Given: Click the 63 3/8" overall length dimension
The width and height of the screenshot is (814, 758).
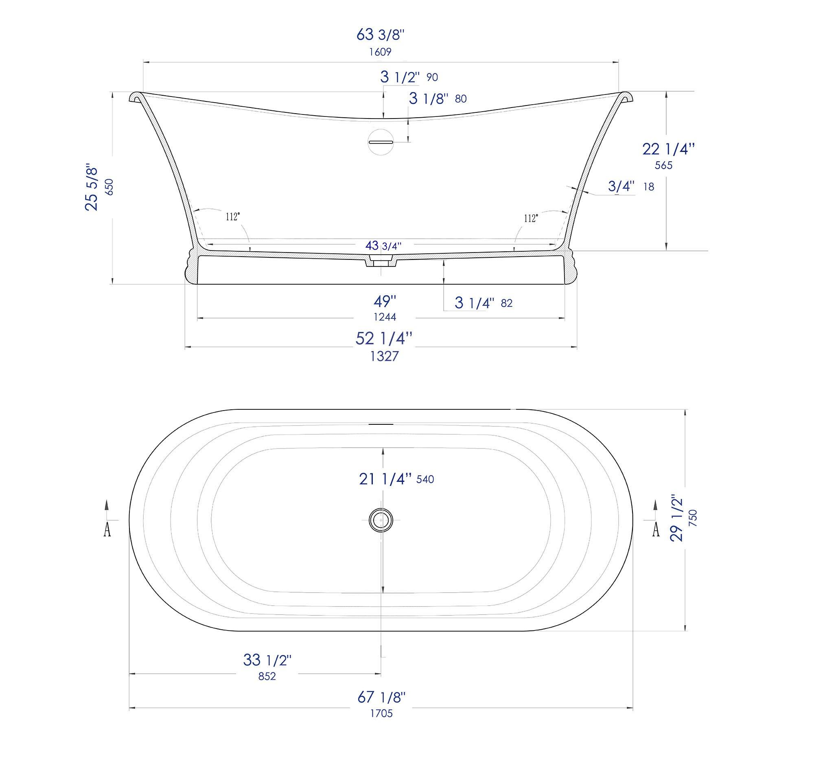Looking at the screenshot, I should point(381,35).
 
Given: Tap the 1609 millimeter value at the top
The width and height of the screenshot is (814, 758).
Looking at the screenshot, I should point(381,52).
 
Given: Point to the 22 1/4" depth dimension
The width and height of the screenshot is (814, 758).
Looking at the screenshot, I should point(668,149).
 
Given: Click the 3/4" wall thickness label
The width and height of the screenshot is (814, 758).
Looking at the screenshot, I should point(621,187).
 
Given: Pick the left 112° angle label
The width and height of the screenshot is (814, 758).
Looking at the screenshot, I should point(233,217).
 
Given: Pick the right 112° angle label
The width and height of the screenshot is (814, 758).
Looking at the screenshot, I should point(531,218).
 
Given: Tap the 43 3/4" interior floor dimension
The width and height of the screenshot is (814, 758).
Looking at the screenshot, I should point(383,246).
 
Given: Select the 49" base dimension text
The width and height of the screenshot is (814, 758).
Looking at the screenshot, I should point(385,302).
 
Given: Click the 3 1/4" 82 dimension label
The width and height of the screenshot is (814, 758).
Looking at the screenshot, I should point(483,303).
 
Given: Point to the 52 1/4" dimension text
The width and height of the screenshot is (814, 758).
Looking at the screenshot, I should point(384,338).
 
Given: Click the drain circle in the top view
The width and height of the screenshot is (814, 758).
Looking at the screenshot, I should point(381,520).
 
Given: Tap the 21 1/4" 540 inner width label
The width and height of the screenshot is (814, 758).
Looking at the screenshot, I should point(396,479).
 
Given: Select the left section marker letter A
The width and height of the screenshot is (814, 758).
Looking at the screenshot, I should point(107,530).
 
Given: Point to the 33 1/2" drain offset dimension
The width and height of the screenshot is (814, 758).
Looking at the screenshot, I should point(267,660).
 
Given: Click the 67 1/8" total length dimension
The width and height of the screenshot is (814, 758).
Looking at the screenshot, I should point(381,697).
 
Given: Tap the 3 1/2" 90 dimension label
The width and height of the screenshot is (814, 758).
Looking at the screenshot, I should point(409,77).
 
